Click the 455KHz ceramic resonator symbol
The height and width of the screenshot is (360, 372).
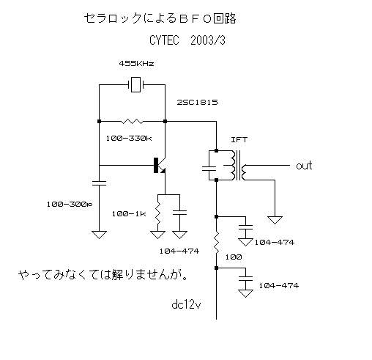[x=135, y=85]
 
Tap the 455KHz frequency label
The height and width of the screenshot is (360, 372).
[x=136, y=64]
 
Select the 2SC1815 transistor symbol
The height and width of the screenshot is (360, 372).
[x=160, y=166]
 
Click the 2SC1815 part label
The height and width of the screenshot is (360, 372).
[x=197, y=102]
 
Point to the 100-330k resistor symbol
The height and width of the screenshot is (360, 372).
[x=132, y=121]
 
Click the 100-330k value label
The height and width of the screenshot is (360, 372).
[x=129, y=139]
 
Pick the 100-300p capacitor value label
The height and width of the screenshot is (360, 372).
[x=70, y=205]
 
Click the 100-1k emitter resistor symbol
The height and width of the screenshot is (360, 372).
[x=158, y=213]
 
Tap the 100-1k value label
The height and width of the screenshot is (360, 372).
[x=129, y=214]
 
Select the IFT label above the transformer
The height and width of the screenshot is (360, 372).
[x=239, y=140]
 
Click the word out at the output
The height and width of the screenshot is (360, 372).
[x=304, y=166]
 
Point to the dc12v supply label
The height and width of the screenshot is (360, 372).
[x=186, y=305]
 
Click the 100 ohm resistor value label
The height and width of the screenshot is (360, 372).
[x=234, y=257]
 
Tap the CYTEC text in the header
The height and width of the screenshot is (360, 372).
[x=164, y=40]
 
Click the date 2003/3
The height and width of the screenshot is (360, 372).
[x=208, y=40]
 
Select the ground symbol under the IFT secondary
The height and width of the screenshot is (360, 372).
[x=275, y=220]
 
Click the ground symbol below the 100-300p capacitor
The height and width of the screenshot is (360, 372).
[x=100, y=235]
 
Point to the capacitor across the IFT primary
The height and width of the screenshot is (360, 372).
[x=209, y=168]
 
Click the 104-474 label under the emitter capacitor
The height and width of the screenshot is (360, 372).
[x=179, y=251]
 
